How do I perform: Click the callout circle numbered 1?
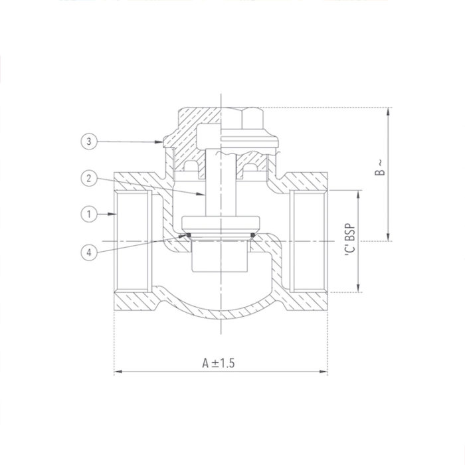click(88, 214)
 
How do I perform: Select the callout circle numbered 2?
click(88, 177)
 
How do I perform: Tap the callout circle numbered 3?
click(88, 141)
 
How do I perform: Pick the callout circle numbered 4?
click(88, 251)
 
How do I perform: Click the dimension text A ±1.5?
click(220, 363)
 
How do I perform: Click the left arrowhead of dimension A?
click(118, 371)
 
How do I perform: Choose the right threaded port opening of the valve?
click(307, 239)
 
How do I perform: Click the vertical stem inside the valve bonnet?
click(219, 183)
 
